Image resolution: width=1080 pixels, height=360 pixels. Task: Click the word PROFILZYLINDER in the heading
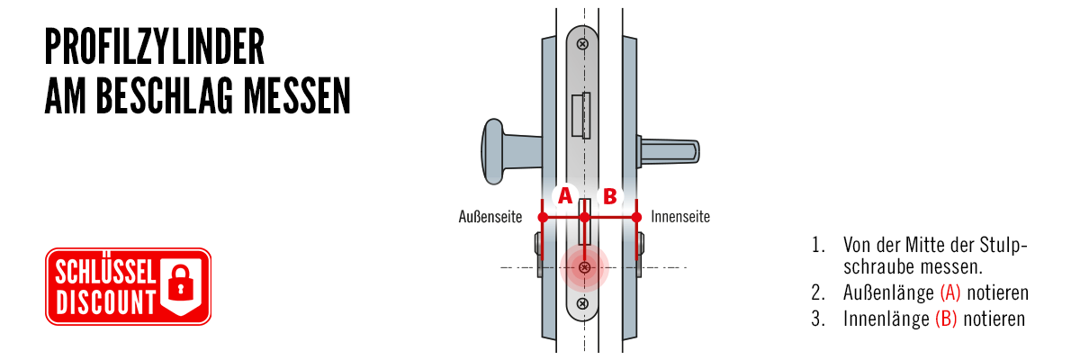tap(155, 47)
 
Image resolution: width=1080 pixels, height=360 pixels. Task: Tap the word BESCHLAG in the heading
tap(165, 96)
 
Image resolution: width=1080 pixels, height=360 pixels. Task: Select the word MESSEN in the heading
tap(296, 96)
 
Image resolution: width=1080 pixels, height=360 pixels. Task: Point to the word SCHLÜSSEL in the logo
tap(105, 272)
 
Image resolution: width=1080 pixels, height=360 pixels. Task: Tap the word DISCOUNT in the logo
tap(105, 302)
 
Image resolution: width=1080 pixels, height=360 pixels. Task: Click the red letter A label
tap(564, 195)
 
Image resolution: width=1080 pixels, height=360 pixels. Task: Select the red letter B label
tap(610, 196)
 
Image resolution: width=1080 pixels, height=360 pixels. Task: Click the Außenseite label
tap(490, 217)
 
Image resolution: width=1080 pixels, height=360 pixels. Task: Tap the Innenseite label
tap(680, 217)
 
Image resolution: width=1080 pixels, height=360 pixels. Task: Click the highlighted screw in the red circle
tap(584, 267)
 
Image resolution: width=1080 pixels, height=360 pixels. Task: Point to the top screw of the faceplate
tap(582, 44)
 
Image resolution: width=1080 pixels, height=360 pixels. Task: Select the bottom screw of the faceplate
tap(582, 303)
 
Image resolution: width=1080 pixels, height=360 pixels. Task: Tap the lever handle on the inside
tap(668, 152)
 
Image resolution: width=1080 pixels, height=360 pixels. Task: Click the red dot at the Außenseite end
tap(543, 217)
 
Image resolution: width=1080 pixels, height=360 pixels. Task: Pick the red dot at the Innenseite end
tap(636, 217)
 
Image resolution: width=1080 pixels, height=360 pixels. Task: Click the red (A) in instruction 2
tap(949, 293)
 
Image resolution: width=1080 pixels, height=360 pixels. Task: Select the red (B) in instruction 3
tap(946, 319)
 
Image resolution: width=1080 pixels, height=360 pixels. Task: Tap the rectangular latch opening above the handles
tap(581, 116)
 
